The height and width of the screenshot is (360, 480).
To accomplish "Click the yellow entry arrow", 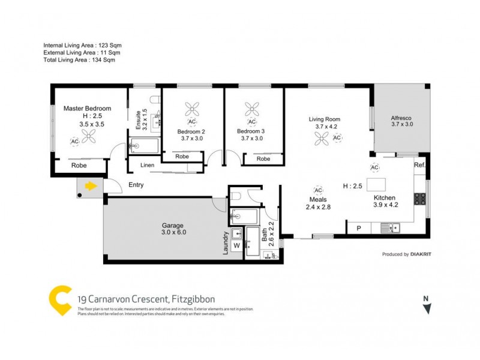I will pos(91,186).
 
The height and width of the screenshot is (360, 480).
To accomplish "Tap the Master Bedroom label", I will pos(87,109).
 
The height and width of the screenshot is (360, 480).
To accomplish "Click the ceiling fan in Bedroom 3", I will pos(251,109).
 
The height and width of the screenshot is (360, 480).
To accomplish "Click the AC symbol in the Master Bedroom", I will pos(75,142).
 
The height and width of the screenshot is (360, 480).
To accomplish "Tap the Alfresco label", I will pos(403,117).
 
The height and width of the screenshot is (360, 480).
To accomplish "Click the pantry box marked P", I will pos(359,228).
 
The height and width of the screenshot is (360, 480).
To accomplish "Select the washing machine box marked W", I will pos(236,245).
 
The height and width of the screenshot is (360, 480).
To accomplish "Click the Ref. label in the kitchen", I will pos(419,165).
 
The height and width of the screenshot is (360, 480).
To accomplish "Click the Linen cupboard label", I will pos(148,165).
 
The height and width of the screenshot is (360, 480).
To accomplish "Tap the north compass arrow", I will pos(427,308).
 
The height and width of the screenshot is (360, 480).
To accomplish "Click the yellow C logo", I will pos(61,301).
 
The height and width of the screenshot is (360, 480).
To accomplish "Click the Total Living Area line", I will pos(79,60).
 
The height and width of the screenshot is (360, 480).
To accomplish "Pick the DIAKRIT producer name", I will pos(423,254).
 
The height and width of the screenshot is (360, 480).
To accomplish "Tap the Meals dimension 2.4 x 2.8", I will pos(318,208).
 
